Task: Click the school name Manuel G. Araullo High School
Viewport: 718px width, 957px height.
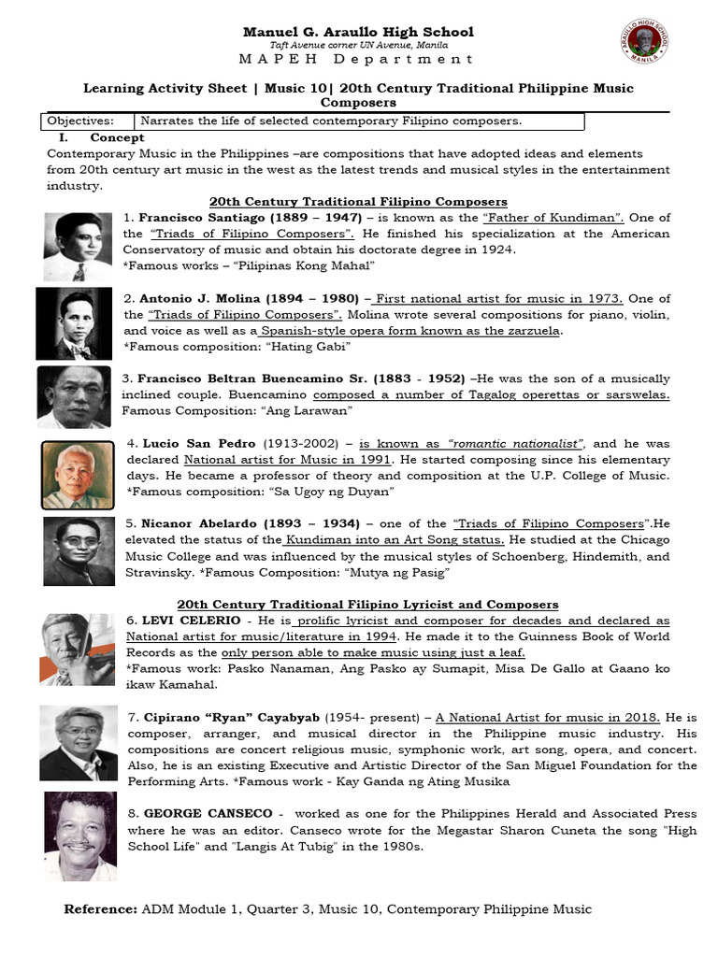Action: coord(358,32)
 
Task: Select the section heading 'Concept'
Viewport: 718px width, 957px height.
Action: coord(117,137)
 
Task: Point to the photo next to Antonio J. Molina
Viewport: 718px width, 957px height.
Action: coord(73,323)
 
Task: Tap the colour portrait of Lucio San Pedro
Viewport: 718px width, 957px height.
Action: coord(78,474)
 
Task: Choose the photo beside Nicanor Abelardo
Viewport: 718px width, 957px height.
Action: coord(79,551)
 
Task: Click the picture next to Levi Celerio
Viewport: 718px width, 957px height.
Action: coord(78,649)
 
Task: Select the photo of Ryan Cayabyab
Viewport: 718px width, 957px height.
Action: coord(79,743)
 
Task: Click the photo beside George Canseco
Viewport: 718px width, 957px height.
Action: coord(80,836)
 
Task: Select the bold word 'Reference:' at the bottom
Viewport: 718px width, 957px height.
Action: coord(99,909)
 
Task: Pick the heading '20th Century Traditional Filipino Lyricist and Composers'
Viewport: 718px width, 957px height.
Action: coord(367,605)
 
